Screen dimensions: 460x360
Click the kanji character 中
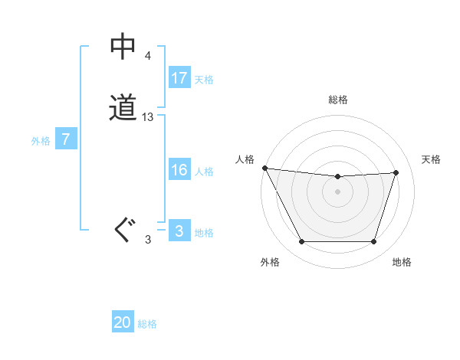(123, 47)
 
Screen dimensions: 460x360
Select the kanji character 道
(123, 107)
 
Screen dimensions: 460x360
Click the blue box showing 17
(179, 77)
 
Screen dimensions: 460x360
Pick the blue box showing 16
(179, 170)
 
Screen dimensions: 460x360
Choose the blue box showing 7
(67, 139)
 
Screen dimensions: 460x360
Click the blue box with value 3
(179, 231)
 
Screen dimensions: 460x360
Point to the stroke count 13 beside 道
(148, 117)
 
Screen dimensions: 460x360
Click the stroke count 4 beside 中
(147, 56)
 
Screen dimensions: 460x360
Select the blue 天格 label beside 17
(204, 79)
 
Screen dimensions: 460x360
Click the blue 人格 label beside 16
(204, 172)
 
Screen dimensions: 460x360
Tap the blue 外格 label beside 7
(41, 141)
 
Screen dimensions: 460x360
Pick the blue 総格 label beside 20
(148, 324)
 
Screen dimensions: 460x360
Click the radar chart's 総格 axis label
(338, 100)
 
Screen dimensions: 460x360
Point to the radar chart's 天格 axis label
(431, 159)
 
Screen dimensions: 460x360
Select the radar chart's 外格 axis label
(270, 262)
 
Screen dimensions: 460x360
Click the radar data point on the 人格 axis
(264, 168)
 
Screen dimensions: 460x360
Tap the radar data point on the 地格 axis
(374, 242)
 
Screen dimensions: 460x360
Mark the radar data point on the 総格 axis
(338, 177)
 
